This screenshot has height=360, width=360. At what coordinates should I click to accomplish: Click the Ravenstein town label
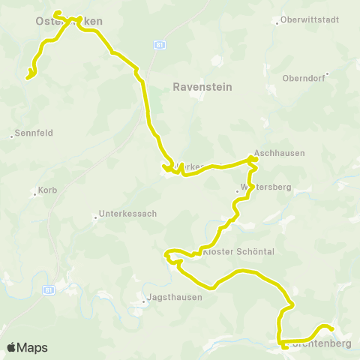pyautogui.click(x=202, y=87)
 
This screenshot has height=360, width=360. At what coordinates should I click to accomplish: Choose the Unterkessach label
pyautogui.click(x=130, y=214)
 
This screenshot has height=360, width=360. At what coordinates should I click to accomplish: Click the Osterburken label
pyautogui.click(x=69, y=22)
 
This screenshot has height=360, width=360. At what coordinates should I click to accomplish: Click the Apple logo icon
pyautogui.click(x=11, y=347)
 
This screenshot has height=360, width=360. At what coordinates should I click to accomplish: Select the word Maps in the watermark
pyautogui.click(x=32, y=347)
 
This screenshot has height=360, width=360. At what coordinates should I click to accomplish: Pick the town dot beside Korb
pyautogui.click(x=35, y=193)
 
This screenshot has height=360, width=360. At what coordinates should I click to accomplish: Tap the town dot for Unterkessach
pyautogui.click(x=95, y=218)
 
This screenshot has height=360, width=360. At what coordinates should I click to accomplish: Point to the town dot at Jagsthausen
pyautogui.click(x=145, y=303)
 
